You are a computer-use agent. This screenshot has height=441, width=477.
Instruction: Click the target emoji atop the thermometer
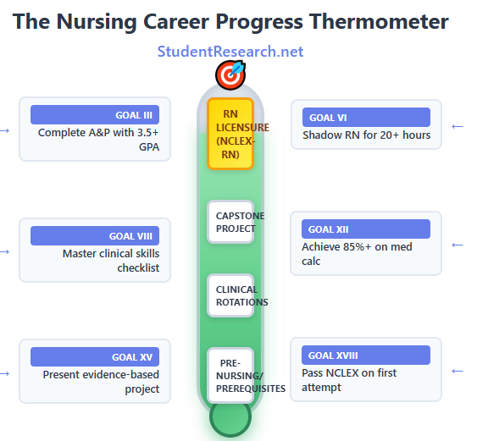click(230, 74)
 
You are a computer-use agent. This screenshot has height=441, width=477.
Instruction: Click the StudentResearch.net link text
click(230, 52)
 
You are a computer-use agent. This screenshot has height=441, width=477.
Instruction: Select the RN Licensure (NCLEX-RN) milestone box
click(230, 134)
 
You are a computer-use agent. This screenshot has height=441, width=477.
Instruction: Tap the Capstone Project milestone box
click(230, 222)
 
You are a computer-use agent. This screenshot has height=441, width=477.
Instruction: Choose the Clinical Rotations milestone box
click(230, 295)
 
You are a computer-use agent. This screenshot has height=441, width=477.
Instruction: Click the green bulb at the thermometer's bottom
click(230, 416)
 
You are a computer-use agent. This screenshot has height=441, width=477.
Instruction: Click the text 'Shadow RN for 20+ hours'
click(366, 135)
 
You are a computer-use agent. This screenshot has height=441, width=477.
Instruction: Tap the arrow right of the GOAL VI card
click(458, 126)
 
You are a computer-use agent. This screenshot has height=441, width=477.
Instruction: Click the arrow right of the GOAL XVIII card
click(458, 370)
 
